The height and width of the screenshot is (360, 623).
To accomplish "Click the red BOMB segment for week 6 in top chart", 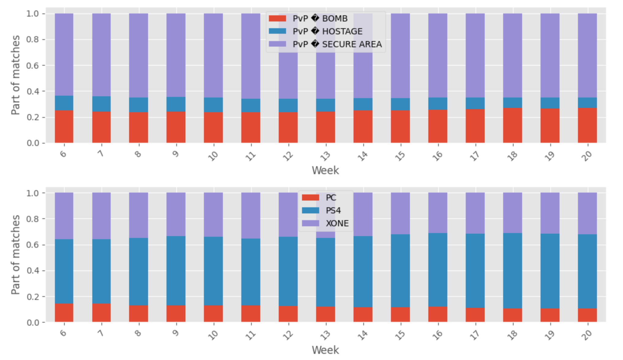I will coord(64,127).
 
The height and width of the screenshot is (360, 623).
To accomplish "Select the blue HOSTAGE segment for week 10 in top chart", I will coord(213,105).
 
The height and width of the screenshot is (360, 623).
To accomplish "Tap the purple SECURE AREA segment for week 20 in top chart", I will coord(587,56).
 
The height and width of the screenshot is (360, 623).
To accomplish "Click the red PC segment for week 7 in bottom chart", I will coord(101,313).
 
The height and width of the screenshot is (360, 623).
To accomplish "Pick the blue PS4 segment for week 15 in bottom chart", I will coord(400,271).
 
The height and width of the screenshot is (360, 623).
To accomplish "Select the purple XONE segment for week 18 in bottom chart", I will coord(512,213).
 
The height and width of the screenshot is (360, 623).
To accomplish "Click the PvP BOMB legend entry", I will coord(320,19).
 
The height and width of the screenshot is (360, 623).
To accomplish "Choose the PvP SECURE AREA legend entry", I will coord(337,44).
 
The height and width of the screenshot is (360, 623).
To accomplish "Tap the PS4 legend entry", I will coord(333,211).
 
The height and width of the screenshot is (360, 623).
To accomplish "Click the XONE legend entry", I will coord(337,224).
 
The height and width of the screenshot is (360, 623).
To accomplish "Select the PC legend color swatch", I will coord(310,198).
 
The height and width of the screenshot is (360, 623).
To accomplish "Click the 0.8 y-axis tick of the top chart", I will coord(32,40).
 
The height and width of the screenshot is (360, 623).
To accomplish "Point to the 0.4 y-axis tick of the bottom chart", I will coord(32,271).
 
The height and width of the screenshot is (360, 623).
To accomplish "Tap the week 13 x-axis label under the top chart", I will coord(326,156).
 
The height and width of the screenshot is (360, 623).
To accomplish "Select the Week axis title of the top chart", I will coord(325,170).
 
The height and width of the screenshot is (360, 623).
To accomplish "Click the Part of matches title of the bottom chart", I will coord(15,255).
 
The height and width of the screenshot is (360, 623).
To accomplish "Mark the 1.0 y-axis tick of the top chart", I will coord(32,14).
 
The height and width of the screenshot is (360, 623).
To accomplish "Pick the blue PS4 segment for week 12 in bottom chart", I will coord(288,271).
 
